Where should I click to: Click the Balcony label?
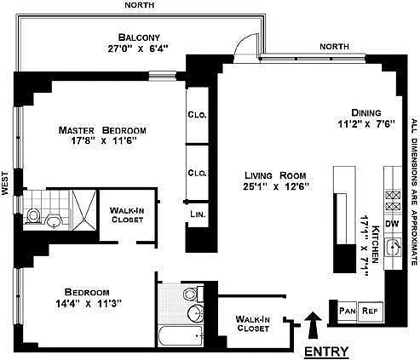point(139,37)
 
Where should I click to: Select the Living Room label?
point(275,175)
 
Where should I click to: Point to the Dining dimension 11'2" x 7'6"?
point(366,124)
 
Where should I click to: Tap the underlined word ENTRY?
point(326,351)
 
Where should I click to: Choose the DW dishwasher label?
point(392,224)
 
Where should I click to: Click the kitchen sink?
point(393,247)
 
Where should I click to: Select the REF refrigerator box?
point(371,311)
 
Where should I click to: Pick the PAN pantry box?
point(348,311)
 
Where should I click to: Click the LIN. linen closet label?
point(198,214)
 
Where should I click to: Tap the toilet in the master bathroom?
point(32,216)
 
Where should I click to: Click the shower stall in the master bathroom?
point(84,210)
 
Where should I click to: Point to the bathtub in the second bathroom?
point(181,335)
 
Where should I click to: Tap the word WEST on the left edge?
point(5,183)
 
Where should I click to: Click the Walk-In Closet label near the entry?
point(253,323)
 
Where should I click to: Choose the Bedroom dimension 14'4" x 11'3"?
point(89,304)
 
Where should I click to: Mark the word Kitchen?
point(376,244)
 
